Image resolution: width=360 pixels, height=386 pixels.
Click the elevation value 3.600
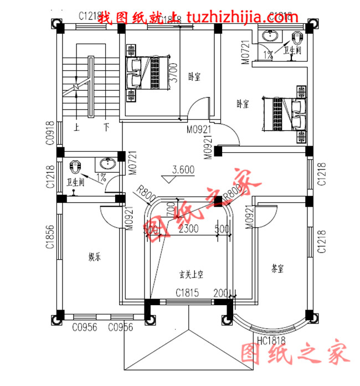pyautogui.click(x=183, y=170)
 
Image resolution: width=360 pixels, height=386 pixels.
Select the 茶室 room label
pyautogui.click(x=277, y=269)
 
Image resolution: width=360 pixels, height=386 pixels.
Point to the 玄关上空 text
pyautogui.click(x=191, y=274)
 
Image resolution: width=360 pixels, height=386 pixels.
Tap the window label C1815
pyautogui.click(x=188, y=293)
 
